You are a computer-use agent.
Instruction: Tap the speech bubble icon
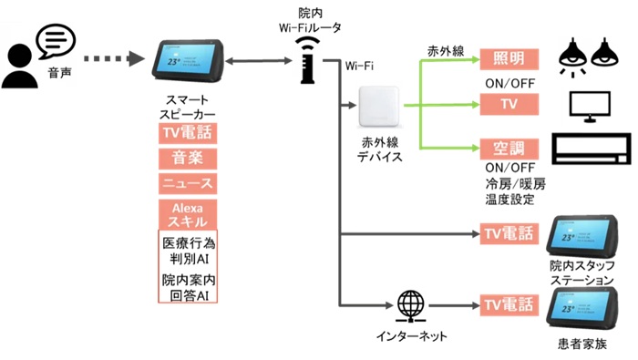click(55, 41)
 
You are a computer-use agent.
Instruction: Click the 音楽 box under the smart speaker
click(187, 159)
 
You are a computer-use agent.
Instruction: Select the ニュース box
click(187, 184)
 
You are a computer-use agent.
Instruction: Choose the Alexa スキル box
click(187, 215)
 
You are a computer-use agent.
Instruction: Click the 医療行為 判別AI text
click(187, 252)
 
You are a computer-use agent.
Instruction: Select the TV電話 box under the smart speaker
click(187, 134)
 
